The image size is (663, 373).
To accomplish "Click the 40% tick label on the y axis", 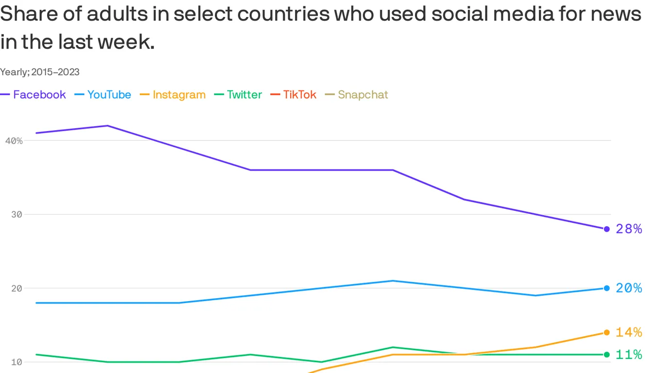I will tap(14, 141).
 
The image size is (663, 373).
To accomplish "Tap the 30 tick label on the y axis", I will tap(17, 215).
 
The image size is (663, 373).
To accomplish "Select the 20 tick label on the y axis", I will tap(17, 288).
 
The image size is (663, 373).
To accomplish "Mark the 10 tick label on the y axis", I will tap(17, 362).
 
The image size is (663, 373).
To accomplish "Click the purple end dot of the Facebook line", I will tap(607, 229).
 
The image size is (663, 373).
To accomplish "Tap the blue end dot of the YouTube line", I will tap(607, 288).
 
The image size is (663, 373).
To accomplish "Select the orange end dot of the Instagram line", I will tap(607, 332).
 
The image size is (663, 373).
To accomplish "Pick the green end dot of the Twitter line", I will tap(607, 355).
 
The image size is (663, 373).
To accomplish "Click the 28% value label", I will tap(629, 229).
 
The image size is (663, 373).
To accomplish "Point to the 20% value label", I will tap(629, 288).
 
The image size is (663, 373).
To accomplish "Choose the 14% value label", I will tap(629, 332).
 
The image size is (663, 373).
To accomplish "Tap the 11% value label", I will tap(629, 355).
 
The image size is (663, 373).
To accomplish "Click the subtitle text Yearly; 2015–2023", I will tap(40, 72).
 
